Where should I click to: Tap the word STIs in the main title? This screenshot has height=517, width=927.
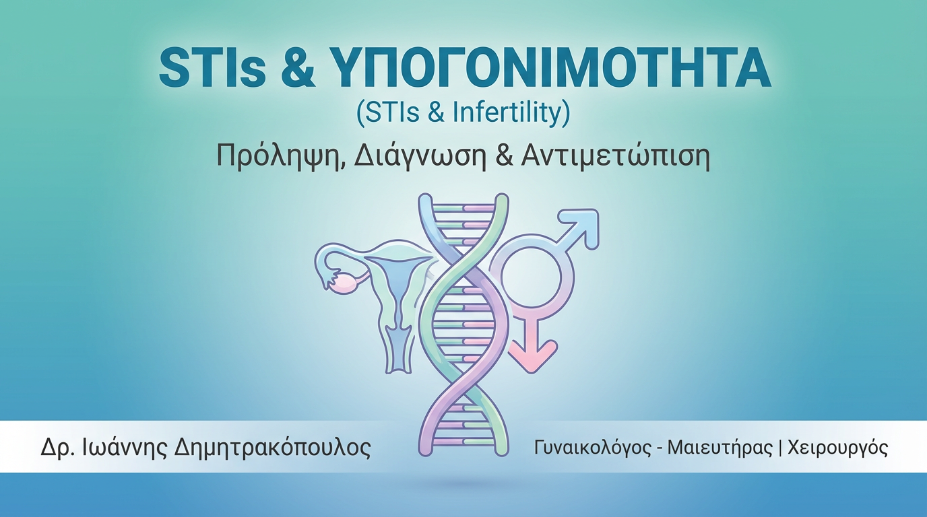(x=212, y=67)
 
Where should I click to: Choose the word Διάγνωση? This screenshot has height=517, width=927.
(x=419, y=157)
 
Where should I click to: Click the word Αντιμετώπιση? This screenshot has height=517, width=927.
(x=615, y=156)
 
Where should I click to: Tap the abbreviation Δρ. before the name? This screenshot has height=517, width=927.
(x=57, y=448)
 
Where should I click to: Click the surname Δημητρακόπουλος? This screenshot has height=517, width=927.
(x=272, y=448)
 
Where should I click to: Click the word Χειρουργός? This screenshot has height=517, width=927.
(x=837, y=448)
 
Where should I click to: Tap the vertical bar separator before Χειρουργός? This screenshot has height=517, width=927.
(x=780, y=448)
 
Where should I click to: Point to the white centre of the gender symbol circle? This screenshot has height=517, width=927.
(x=532, y=276)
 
